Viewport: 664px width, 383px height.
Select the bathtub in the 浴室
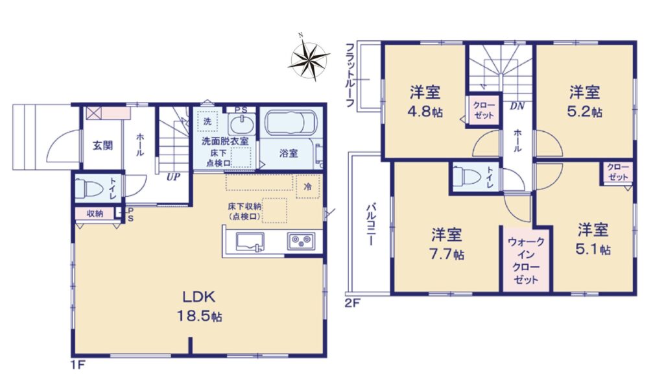point(290,123)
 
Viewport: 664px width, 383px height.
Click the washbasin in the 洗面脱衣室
point(242,125)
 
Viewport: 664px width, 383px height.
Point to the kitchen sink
point(250,241)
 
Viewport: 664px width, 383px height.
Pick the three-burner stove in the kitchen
point(302,241)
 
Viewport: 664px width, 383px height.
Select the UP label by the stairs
point(172,177)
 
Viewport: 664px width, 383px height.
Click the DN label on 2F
point(517,106)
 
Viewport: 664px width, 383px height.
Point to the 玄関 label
point(103,145)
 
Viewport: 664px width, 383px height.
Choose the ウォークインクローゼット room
point(526,259)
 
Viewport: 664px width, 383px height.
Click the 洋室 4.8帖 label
point(425,101)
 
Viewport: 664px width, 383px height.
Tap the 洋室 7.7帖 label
point(447,244)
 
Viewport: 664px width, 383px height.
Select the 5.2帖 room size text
point(585,112)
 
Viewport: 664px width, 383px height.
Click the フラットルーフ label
point(350,75)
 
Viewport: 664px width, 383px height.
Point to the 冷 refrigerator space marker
point(308,186)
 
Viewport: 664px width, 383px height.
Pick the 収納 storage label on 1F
point(95,214)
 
